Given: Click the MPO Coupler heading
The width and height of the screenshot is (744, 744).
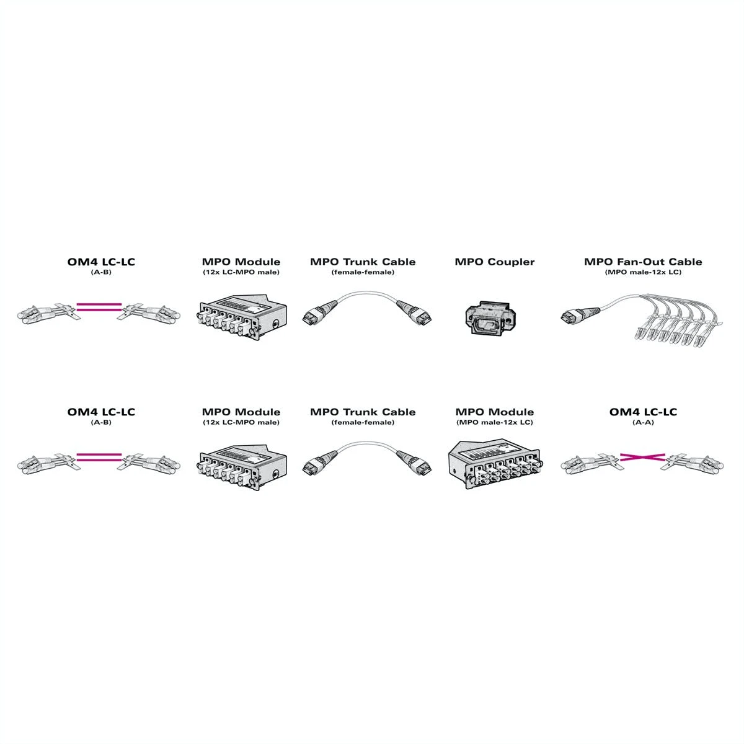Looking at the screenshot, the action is pyautogui.click(x=494, y=262).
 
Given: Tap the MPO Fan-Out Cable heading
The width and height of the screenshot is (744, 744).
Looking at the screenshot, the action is pyautogui.click(x=643, y=262).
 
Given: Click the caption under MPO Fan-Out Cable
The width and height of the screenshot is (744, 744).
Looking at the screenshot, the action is pyautogui.click(x=643, y=272).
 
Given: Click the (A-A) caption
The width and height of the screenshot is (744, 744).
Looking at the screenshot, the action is pyautogui.click(x=643, y=422).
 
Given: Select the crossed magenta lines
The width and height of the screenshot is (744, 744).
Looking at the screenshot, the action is pyautogui.click(x=642, y=457).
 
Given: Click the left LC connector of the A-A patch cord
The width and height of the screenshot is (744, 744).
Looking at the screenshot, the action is pyautogui.click(x=591, y=463).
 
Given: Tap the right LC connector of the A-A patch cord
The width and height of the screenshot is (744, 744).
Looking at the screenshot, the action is pyautogui.click(x=692, y=463).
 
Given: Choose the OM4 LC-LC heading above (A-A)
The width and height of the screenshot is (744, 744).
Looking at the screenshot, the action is pyautogui.click(x=643, y=412).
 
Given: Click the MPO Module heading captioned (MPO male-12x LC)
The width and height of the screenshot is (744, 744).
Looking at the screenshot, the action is pyautogui.click(x=495, y=412).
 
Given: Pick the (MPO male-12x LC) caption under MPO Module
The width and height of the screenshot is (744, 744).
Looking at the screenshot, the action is pyautogui.click(x=495, y=422).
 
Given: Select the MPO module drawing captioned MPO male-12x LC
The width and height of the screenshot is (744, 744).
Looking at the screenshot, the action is pyautogui.click(x=495, y=463).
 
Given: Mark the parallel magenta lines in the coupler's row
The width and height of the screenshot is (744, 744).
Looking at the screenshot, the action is pyautogui.click(x=99, y=308).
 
